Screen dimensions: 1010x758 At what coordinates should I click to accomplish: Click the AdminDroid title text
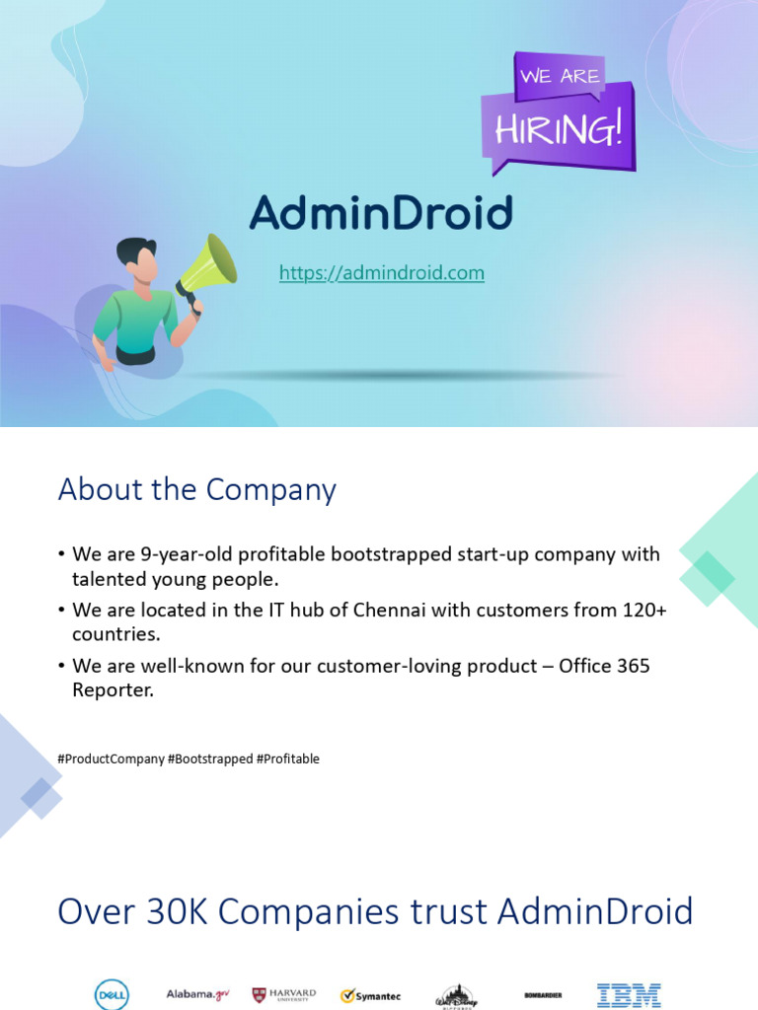[x=381, y=213]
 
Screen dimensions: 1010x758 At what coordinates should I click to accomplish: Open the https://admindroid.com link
[x=381, y=273]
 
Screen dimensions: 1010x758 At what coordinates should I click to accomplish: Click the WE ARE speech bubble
[x=559, y=76]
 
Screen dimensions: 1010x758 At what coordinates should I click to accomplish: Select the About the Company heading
[x=196, y=490]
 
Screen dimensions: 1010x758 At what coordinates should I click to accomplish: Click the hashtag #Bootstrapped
[x=210, y=758]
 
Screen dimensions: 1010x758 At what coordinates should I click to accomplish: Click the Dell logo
[x=112, y=995]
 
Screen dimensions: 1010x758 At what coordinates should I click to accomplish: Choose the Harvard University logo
[x=284, y=995]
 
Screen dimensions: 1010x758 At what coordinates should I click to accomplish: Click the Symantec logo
[x=370, y=996]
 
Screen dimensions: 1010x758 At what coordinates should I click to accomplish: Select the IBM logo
[x=629, y=995]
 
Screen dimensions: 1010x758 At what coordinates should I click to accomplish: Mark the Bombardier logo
[x=543, y=995]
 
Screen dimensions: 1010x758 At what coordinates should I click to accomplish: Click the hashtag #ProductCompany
[x=111, y=758]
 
